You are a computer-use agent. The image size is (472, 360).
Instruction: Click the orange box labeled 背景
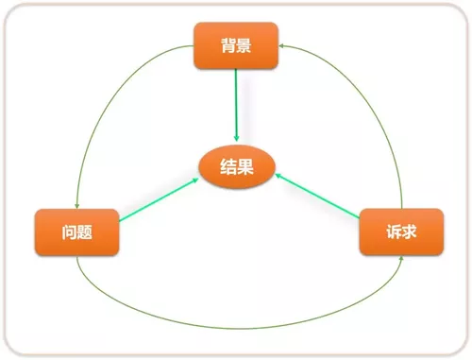pos(236,45)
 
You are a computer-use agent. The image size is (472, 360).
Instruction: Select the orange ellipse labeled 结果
pos(235,167)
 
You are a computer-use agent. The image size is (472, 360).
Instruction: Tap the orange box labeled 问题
pos(77,232)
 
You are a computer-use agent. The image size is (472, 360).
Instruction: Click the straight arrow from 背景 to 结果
pos(236,104)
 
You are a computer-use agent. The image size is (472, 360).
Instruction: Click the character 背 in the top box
pos(227,45)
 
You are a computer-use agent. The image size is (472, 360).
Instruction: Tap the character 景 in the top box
pos(244,45)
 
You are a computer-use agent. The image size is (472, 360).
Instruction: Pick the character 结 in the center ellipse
pos(227,167)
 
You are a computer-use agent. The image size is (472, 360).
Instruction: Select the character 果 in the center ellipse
pos(244,167)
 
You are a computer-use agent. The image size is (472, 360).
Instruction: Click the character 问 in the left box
pos(68,232)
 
